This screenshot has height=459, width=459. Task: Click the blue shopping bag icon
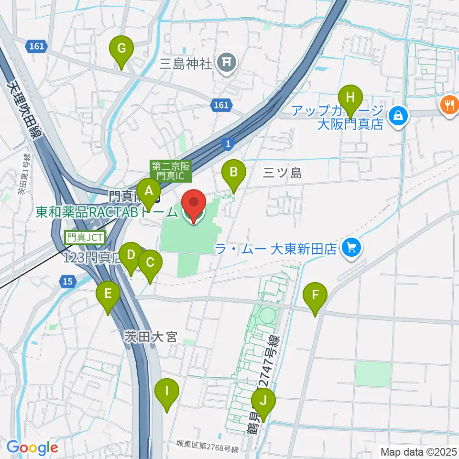tap(397, 115)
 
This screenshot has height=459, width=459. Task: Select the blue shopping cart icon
tap(352, 247)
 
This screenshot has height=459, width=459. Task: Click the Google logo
tap(32, 448)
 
